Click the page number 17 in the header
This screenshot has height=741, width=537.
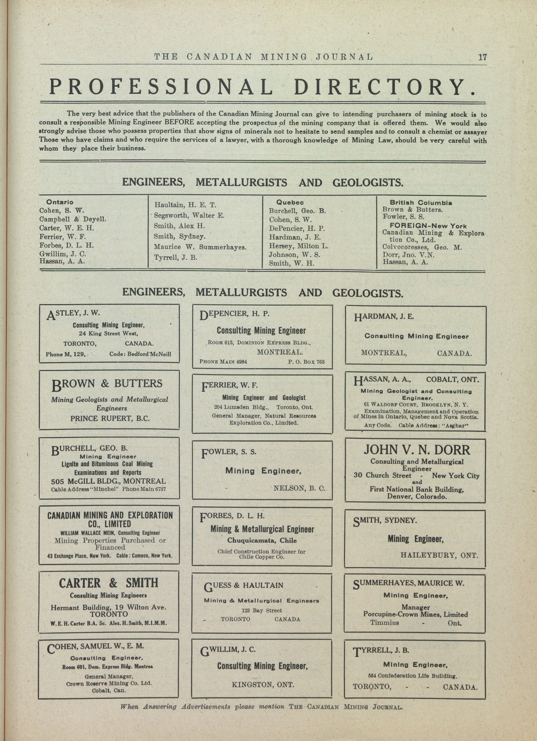click(482, 57)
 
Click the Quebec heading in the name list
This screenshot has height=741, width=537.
click(290, 202)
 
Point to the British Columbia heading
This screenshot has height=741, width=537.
click(421, 203)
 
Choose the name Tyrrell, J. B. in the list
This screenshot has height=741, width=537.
click(175, 257)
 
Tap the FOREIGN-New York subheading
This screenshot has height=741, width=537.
click(428, 226)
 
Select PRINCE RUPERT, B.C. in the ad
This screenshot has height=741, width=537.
click(110, 418)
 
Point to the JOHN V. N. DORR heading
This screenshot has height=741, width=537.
click(417, 450)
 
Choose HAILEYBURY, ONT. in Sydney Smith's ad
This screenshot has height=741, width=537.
click(439, 555)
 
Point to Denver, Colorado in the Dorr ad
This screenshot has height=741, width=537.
click(417, 496)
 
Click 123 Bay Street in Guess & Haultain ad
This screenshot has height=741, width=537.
click(262, 610)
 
